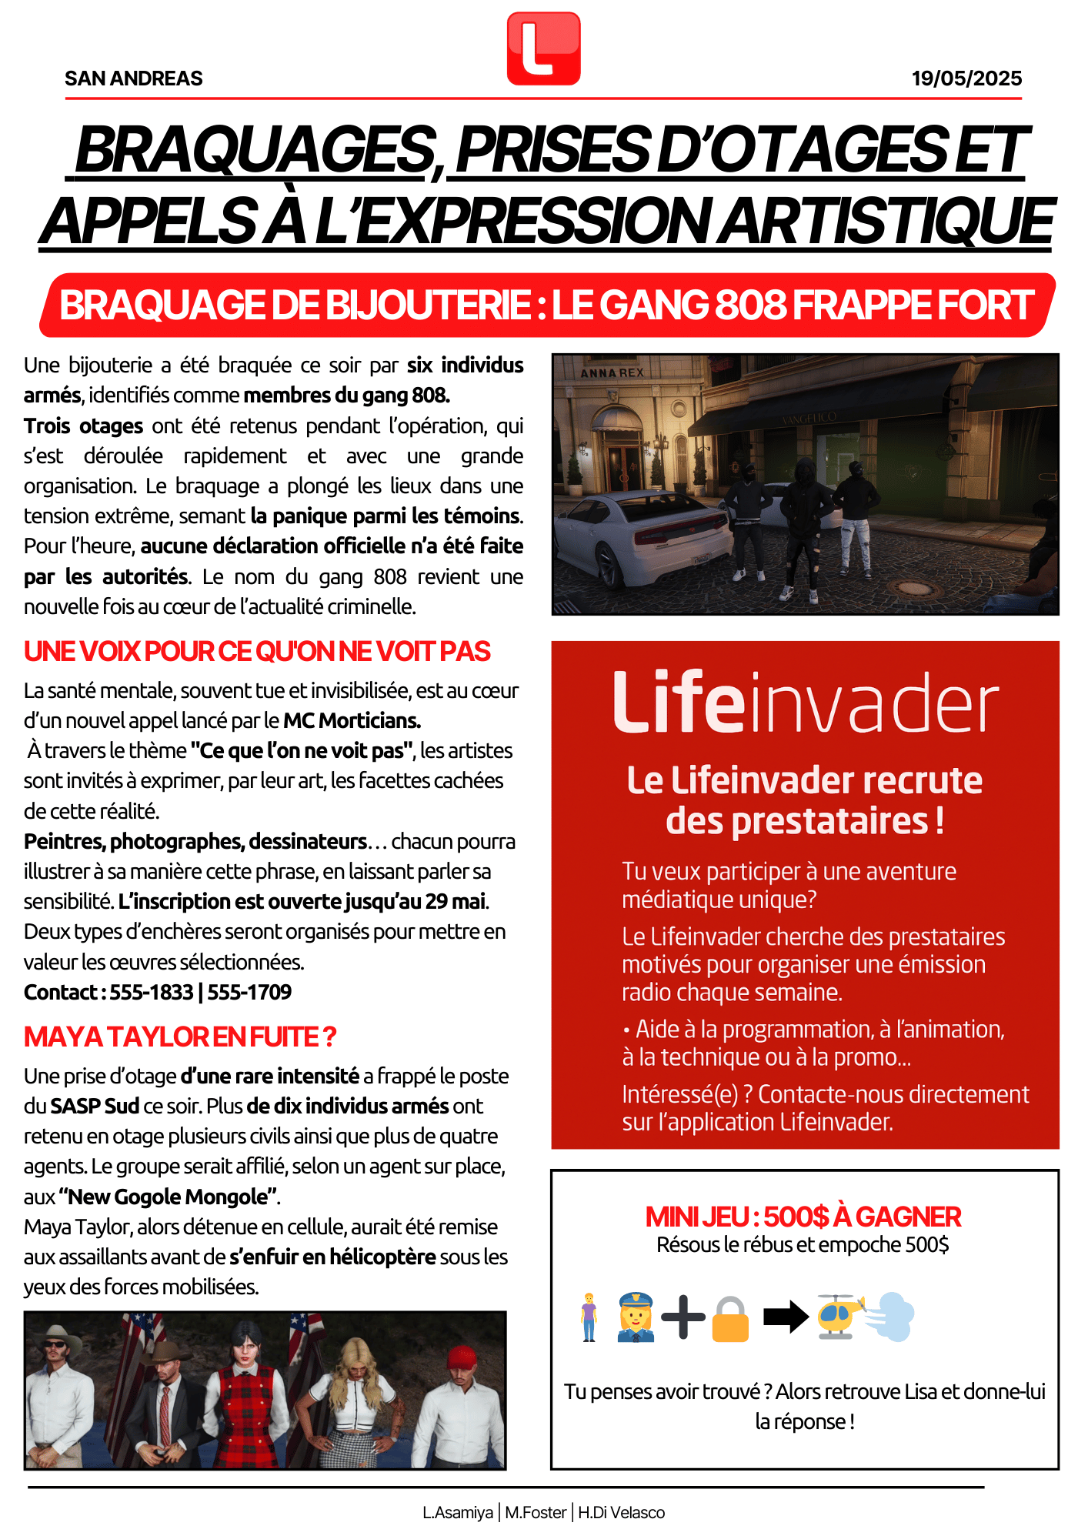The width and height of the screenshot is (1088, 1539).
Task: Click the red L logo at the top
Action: tap(543, 48)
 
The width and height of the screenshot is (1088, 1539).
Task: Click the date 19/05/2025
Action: tap(966, 78)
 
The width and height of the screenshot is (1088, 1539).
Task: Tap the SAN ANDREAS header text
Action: tap(134, 78)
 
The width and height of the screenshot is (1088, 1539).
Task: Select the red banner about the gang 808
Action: tap(546, 305)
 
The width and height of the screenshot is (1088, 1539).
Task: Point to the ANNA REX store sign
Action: tap(612, 373)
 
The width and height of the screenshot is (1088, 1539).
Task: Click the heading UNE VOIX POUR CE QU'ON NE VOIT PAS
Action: tap(257, 652)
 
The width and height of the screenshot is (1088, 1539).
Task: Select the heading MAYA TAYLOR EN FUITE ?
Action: tap(180, 1037)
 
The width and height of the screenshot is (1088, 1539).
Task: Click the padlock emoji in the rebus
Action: tap(729, 1319)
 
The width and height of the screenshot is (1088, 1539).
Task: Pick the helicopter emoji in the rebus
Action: tap(839, 1316)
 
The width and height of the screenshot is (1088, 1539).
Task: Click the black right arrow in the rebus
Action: tap(785, 1317)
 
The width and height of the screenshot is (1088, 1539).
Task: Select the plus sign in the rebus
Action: tap(683, 1317)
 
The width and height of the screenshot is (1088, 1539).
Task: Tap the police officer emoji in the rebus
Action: tap(636, 1317)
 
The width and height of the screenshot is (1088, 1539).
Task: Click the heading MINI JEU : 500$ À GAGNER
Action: tap(803, 1217)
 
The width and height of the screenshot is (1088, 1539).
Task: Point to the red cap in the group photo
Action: tap(462, 1356)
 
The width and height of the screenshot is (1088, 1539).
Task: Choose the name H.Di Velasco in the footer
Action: tap(621, 1513)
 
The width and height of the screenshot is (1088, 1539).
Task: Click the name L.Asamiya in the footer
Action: tap(458, 1513)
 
